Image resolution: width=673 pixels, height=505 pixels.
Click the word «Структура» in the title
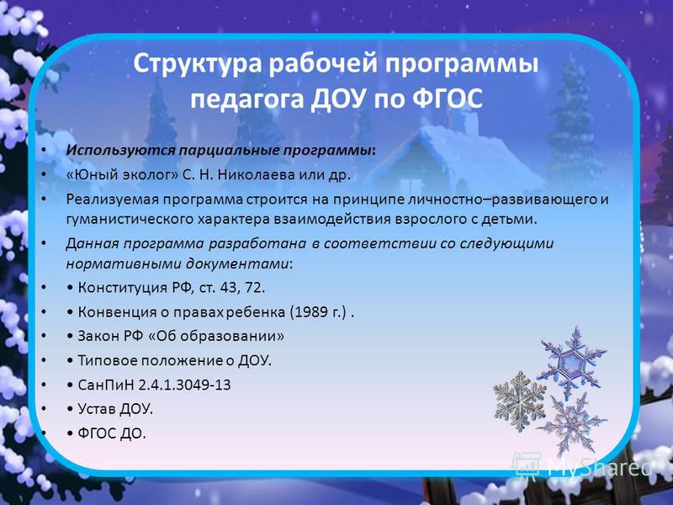(197, 64)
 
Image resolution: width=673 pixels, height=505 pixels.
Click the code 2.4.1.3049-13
(184, 385)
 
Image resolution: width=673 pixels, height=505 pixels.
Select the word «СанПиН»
(106, 385)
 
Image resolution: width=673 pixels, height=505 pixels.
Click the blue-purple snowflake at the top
(573, 362)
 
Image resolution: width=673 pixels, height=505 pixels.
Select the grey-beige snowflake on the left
(519, 401)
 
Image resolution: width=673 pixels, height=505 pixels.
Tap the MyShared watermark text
(600, 467)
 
